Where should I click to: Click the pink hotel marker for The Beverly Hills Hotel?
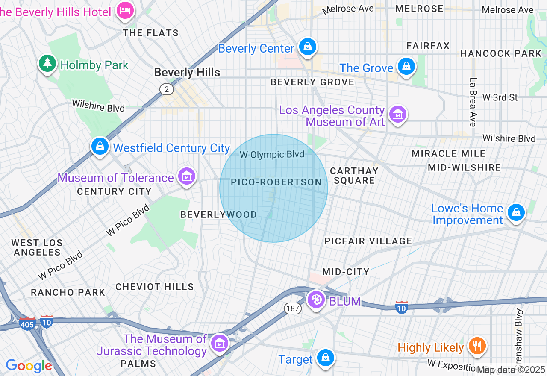click(125, 10)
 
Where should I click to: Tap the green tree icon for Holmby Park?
click(47, 63)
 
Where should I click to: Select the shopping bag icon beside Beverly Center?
click(307, 47)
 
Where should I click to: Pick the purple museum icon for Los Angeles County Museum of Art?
click(398, 114)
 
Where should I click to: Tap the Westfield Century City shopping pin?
click(100, 146)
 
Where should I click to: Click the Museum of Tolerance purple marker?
click(187, 176)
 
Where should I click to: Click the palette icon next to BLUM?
click(316, 300)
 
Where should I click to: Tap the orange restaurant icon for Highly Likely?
click(477, 346)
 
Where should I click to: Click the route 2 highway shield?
click(166, 89)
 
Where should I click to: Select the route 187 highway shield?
click(292, 308)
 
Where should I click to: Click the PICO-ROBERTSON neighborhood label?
click(276, 182)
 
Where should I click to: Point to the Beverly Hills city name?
click(187, 73)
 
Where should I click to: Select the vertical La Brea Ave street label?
click(473, 102)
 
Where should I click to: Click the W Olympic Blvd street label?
click(272, 155)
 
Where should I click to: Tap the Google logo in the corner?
click(29, 366)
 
